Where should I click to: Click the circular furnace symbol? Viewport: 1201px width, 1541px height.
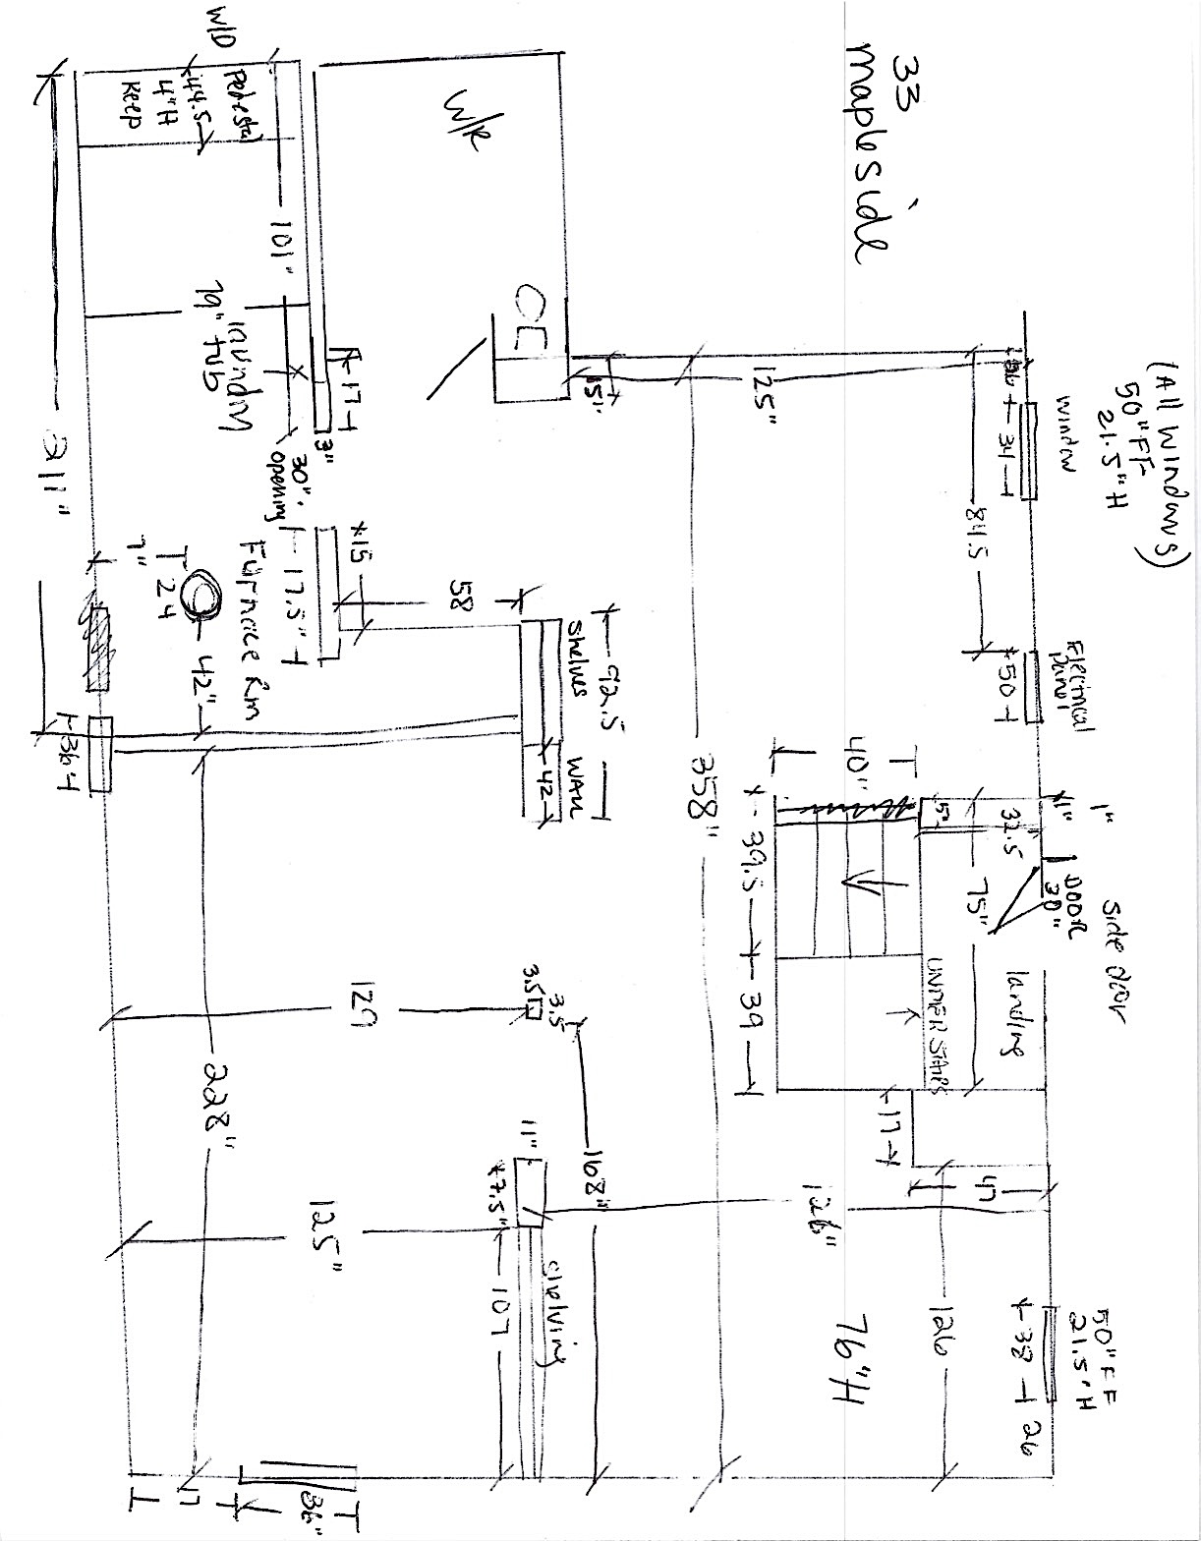pyautogui.click(x=202, y=595)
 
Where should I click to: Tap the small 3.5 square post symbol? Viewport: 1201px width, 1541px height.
pyautogui.click(x=534, y=1009)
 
